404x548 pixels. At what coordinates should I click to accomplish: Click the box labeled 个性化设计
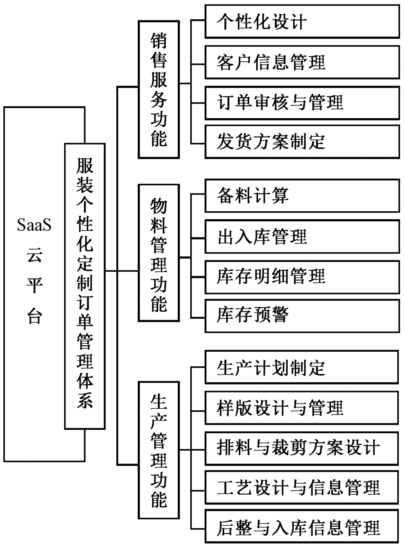click(302, 21)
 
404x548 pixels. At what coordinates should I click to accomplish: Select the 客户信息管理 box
click(302, 62)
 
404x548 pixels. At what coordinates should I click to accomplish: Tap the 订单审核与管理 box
click(302, 102)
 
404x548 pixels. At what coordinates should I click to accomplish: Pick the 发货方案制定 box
click(302, 141)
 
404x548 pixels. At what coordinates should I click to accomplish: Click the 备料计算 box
click(302, 196)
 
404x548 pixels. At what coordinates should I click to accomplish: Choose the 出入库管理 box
click(302, 236)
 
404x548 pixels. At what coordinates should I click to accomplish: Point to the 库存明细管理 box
click(302, 277)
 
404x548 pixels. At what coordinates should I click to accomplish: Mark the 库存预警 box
click(302, 315)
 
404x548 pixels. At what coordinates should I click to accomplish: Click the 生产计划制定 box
click(302, 367)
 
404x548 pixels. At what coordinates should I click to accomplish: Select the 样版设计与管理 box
click(302, 407)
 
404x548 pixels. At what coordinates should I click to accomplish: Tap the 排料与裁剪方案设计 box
click(302, 448)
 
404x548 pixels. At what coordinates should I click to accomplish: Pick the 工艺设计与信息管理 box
click(302, 487)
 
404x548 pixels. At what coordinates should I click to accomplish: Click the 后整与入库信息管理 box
click(302, 527)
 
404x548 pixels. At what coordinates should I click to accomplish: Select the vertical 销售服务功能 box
click(159, 90)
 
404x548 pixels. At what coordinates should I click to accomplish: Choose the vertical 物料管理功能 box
click(159, 253)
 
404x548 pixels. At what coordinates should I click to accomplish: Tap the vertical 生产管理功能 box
click(159, 450)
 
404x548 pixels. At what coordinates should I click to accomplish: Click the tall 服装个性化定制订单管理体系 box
click(85, 286)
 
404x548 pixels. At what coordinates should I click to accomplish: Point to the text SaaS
click(34, 225)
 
